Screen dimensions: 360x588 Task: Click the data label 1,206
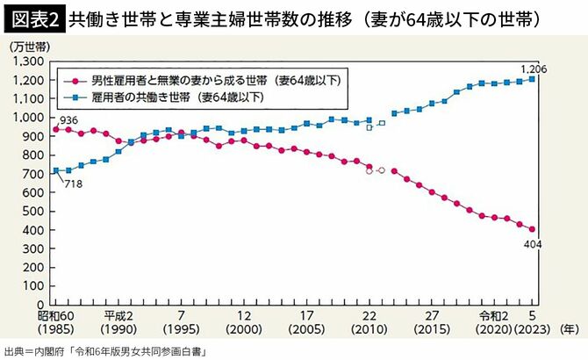532,68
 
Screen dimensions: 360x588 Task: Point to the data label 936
69,119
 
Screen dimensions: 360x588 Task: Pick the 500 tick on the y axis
34,210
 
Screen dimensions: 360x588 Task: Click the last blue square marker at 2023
532,79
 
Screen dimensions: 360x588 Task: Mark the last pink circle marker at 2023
532,228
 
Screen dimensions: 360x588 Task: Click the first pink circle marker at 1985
56,129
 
